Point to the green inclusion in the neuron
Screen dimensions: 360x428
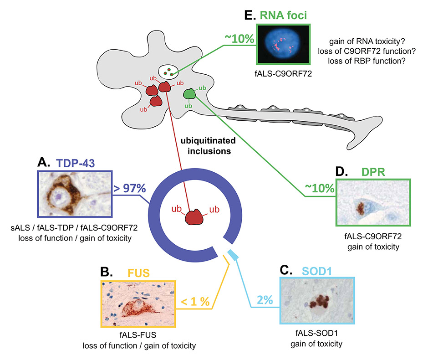[x=189, y=94]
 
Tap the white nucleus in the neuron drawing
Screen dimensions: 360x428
[x=168, y=71]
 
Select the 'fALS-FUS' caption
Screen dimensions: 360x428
[x=139, y=336]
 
